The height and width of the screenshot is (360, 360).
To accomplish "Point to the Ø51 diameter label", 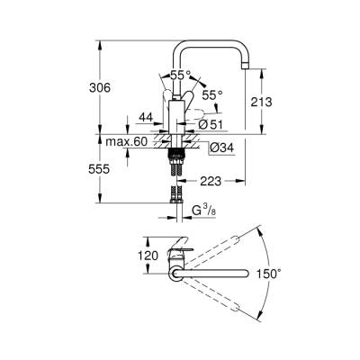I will tap(210, 124).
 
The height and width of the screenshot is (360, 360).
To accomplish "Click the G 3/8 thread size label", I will tap(203, 212).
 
